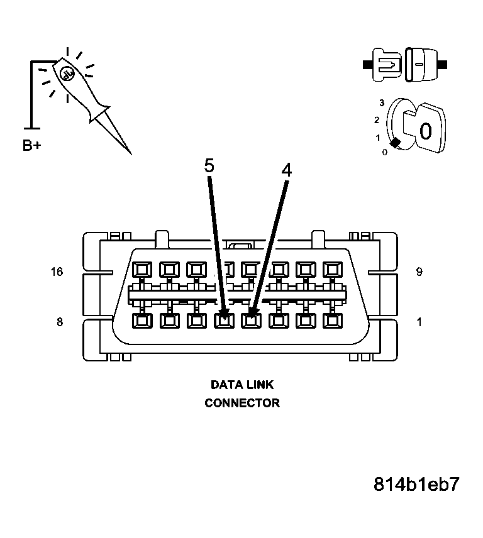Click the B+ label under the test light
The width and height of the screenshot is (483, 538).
[x=32, y=146]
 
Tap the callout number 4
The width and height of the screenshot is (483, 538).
[x=286, y=170]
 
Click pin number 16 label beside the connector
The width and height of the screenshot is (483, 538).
[x=57, y=272]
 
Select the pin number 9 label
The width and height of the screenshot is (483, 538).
[x=419, y=272]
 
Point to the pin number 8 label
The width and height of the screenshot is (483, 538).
[x=60, y=322]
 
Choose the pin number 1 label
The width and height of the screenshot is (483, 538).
[x=419, y=322]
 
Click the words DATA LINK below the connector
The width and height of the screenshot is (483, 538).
[x=242, y=385]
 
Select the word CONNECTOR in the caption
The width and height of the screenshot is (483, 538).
[x=242, y=403]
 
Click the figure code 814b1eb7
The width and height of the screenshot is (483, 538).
[x=416, y=485]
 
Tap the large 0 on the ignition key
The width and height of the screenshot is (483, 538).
[x=425, y=131]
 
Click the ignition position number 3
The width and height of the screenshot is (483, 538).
[x=381, y=102]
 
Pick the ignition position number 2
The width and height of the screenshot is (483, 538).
[x=376, y=120]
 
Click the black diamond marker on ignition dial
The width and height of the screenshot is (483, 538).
[x=395, y=143]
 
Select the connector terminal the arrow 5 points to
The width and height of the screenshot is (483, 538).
[x=223, y=321]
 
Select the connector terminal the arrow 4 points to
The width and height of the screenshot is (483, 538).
[x=251, y=321]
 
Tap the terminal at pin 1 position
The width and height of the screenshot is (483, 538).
[x=332, y=321]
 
